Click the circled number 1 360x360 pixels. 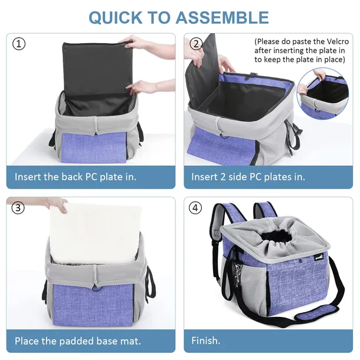pos(19,44)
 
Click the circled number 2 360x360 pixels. pos(196,44)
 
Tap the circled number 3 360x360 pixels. pos(18,208)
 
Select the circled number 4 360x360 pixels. pos(195,208)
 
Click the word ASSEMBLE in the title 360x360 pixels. pos(222,18)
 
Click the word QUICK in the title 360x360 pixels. pos(116,18)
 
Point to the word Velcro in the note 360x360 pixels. pos(338,41)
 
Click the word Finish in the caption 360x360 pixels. pos(204,341)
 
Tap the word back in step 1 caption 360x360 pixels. pos(72,177)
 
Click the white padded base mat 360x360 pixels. pos(95,234)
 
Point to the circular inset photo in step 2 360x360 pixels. pos(323,93)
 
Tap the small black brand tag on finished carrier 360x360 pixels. pos(319,257)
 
